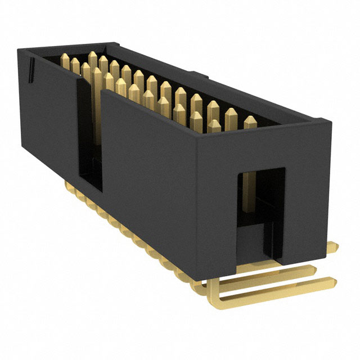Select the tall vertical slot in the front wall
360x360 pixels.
coord(89,135)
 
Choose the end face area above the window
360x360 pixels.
coord(264,146)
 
